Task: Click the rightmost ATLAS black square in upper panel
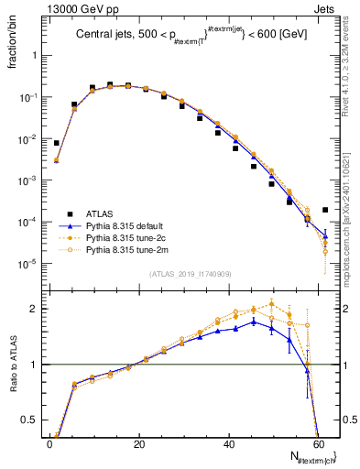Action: (325, 210)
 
